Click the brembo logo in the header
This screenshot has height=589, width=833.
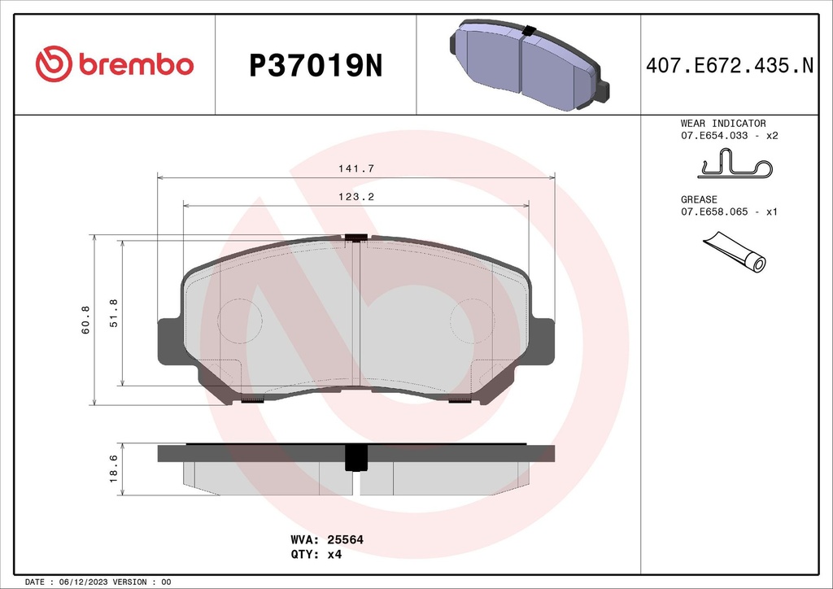coord(115,64)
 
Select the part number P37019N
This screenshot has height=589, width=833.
coord(315,66)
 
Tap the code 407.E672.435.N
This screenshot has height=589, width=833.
coord(729,66)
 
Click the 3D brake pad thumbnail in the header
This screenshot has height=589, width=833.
coord(530,65)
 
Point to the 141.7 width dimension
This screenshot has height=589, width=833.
coord(355,168)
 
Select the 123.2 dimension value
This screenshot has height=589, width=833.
coord(355,197)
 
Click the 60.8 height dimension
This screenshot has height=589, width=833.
coord(85,321)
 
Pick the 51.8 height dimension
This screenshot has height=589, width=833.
coord(113,312)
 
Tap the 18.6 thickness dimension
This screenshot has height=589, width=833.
coord(113,468)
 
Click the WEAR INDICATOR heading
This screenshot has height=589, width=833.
coord(722,124)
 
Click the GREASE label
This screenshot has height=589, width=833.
coord(699,199)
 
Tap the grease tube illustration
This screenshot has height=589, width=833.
coord(735,251)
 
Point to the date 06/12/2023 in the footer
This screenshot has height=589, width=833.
coord(85,582)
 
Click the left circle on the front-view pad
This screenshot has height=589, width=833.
coord(241,319)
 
